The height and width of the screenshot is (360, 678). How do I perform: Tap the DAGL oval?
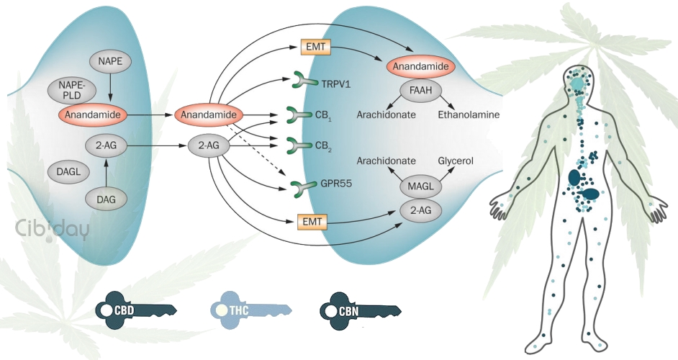(68, 171)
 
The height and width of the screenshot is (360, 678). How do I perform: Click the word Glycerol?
(456, 161)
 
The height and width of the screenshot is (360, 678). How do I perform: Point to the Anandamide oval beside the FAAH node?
(421, 66)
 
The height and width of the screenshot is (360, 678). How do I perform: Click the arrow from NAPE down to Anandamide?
(109, 88)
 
